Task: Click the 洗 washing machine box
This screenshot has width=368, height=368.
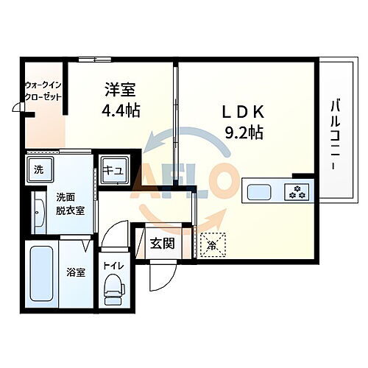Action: [38, 171]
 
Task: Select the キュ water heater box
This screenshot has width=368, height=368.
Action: [113, 170]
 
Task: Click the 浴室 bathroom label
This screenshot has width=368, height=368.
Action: [75, 272]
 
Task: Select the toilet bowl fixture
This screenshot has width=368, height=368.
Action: [113, 289]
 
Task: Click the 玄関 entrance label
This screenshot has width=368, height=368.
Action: [161, 244]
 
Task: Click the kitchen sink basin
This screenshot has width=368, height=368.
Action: [259, 193]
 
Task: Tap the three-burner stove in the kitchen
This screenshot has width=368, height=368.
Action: [298, 193]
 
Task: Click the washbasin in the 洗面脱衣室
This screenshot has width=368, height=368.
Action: [38, 211]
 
